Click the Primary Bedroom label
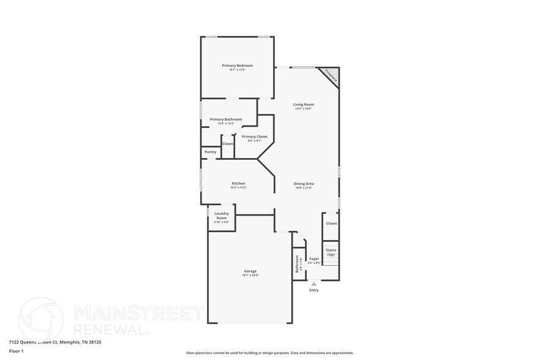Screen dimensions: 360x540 [237, 66]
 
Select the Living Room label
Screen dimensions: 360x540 [304, 105]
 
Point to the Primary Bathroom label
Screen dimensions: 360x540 [226, 119]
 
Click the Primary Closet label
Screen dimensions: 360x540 [254, 137]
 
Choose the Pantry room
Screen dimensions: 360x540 [210, 152]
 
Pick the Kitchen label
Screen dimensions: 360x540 [238, 184]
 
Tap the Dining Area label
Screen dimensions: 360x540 [304, 184]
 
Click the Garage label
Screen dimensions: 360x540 [250, 271]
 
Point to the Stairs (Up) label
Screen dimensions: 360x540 [331, 252]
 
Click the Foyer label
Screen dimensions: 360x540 [314, 259]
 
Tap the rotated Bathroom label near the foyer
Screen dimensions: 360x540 [298, 264]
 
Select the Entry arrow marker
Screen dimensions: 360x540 [314, 283]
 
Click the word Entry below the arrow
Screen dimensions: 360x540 [314, 290]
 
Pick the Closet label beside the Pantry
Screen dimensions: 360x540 [228, 144]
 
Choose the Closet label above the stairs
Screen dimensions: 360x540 [331, 223]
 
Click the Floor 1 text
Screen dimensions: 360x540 [16, 351]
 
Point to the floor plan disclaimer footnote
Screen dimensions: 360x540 [269, 353]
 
